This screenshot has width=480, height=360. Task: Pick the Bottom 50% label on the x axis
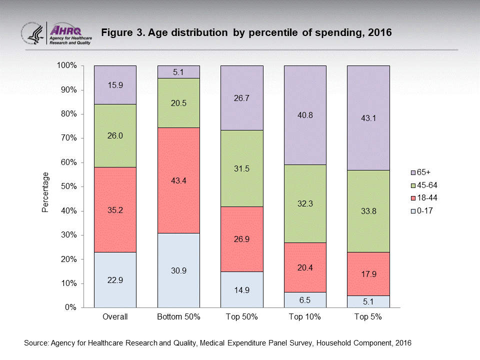point(178,317)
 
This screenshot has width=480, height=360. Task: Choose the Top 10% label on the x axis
point(305,317)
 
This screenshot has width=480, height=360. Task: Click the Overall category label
point(115,317)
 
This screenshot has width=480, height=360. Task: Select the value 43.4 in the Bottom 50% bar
point(178,180)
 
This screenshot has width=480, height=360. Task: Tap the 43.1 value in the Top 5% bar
point(368,118)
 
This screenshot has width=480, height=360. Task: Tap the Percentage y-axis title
point(45,192)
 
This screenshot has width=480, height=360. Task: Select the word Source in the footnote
point(35,343)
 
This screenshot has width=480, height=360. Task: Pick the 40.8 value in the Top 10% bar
point(305,114)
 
